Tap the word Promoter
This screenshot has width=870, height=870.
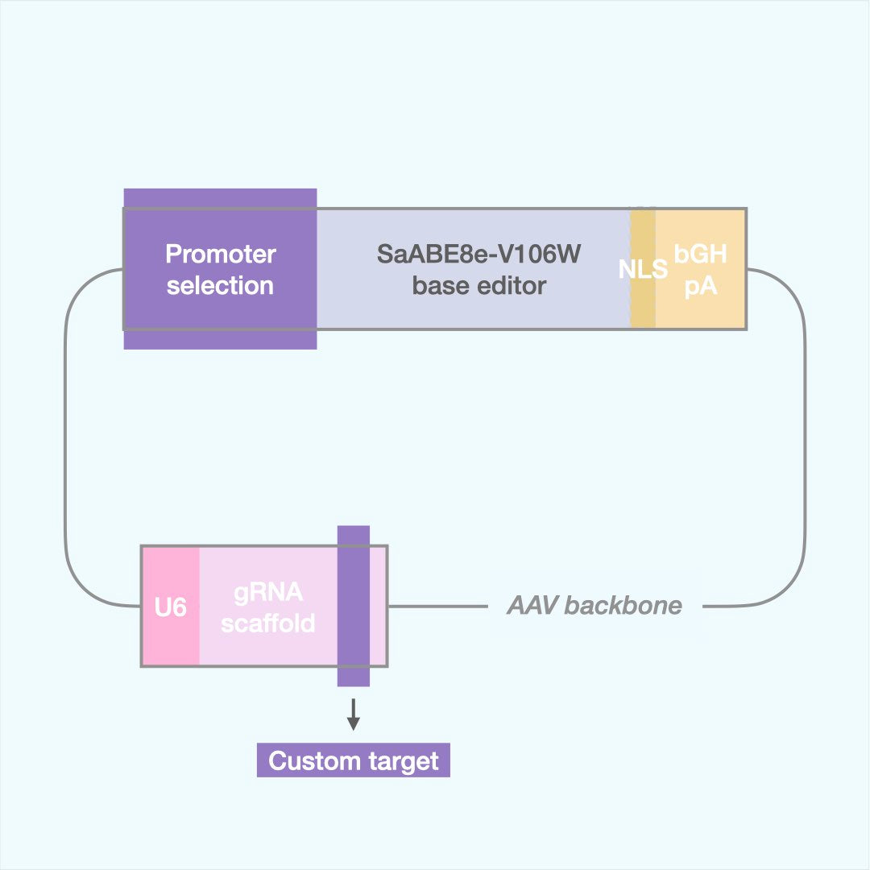220,255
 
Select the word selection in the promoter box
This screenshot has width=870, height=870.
220,286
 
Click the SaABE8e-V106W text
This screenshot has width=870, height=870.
478,255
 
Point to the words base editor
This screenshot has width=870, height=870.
478,286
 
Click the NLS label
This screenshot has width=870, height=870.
643,269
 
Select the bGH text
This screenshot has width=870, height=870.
701,255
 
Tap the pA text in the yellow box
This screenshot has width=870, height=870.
701,286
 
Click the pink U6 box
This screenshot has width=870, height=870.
170,607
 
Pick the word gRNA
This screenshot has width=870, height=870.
268,592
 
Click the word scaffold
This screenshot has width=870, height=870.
268,623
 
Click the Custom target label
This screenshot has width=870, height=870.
353,761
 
